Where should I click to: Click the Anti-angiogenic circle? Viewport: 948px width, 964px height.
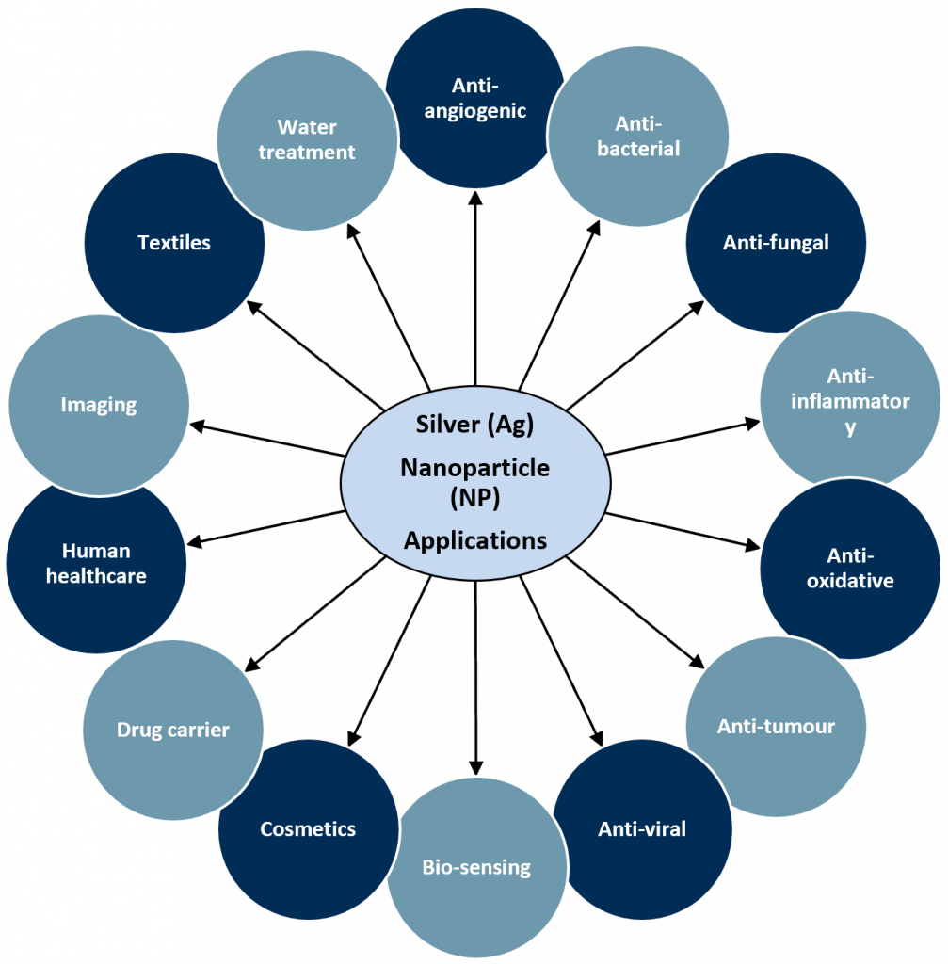point(474,99)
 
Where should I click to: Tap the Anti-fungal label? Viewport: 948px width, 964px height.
point(776,243)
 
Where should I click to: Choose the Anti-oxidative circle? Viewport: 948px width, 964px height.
point(849,569)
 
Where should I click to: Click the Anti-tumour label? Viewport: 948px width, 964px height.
point(776,726)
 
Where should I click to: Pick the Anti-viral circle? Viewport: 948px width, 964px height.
point(642,829)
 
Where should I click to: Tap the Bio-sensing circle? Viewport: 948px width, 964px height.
point(476,867)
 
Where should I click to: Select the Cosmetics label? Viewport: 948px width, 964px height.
point(308,829)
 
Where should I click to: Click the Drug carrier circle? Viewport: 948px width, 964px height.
point(173,730)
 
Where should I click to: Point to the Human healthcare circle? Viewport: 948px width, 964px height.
point(96,563)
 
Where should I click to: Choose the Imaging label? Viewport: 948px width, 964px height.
point(99,405)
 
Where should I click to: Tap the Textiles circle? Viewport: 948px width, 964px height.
point(174,243)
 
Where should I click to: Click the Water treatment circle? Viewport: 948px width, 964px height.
point(307,139)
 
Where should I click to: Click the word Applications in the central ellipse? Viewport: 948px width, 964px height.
point(475,540)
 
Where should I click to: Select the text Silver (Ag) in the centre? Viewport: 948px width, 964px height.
point(475,425)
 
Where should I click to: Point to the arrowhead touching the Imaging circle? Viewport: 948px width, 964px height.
point(197,426)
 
